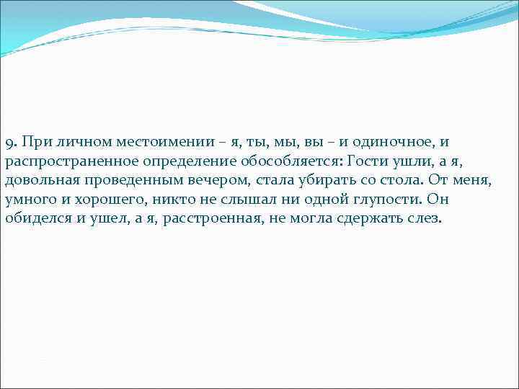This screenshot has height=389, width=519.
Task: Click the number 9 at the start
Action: click(8, 143)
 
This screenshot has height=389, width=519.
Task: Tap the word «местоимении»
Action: click(143, 143)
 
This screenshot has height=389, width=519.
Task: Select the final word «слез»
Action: click(422, 218)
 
